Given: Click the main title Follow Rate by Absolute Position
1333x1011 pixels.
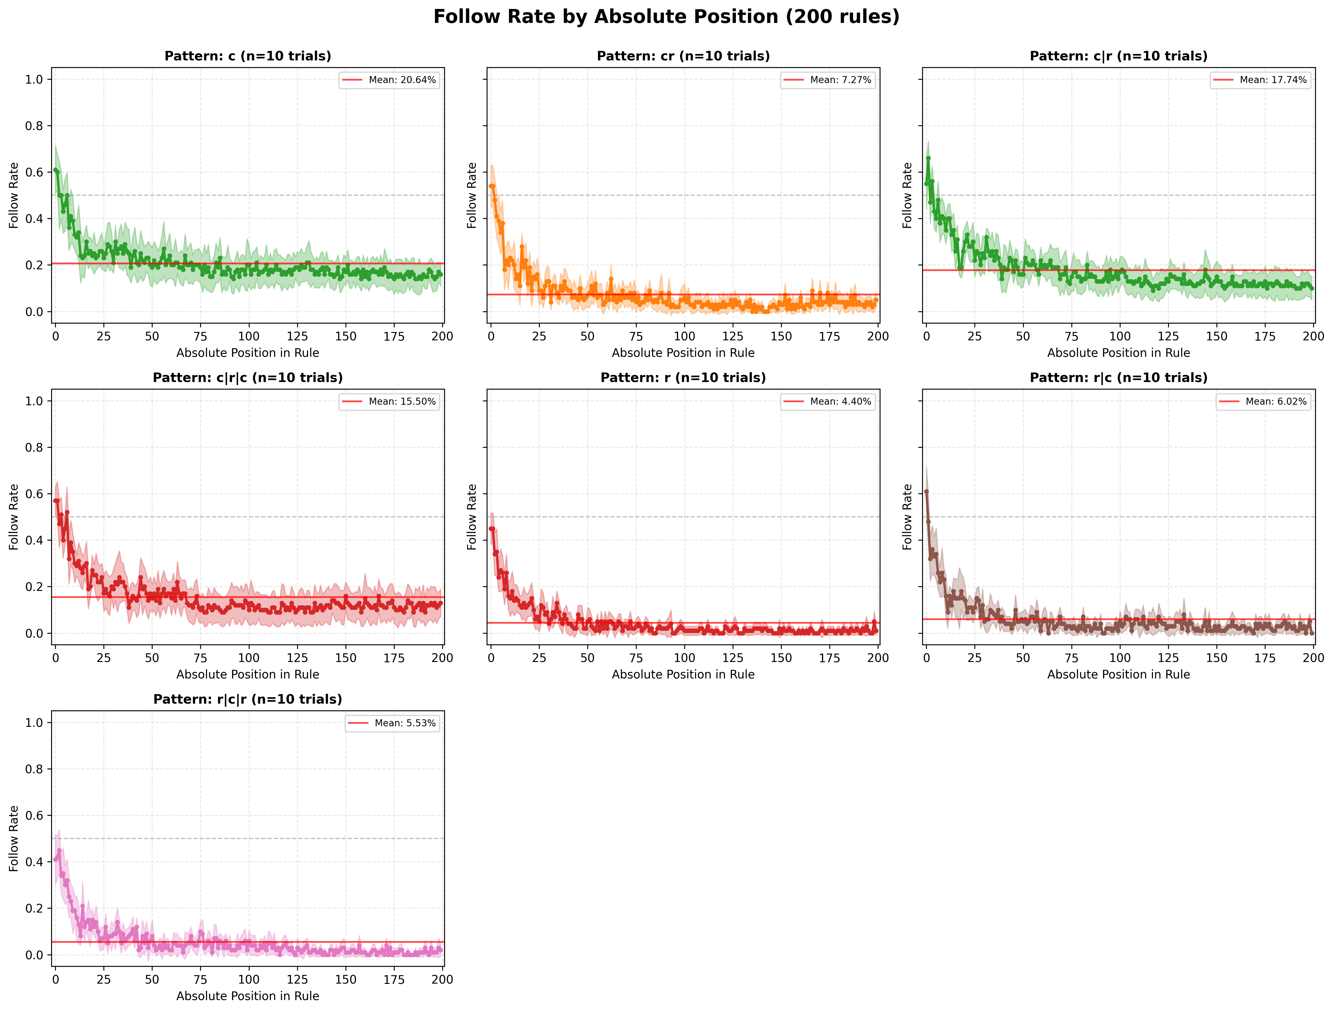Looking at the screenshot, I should tap(666, 17).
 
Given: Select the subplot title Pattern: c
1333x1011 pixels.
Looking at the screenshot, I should tap(248, 56).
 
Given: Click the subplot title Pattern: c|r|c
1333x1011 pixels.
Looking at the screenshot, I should tap(248, 378).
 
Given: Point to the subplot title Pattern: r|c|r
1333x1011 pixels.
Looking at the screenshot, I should tap(248, 699).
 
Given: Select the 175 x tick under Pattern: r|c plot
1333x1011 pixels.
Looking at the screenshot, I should tap(1265, 658).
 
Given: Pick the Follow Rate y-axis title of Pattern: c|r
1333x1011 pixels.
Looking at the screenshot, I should tap(907, 195).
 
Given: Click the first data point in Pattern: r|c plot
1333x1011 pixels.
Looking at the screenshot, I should tap(926, 491).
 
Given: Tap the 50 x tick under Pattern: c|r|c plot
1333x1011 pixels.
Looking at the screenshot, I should tap(152, 658).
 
